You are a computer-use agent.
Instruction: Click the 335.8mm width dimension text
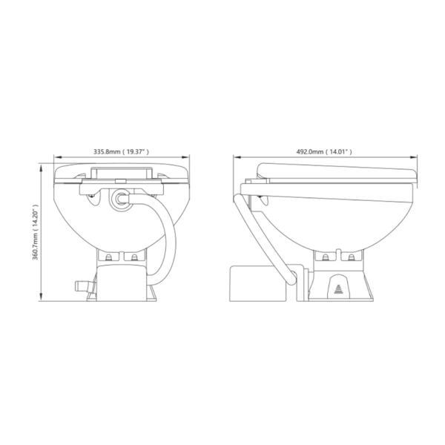tap(121, 152)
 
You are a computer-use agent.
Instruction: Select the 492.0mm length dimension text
tap(324, 152)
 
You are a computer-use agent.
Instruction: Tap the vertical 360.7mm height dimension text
tap(36, 232)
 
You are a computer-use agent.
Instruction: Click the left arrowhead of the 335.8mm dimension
tap(57, 156)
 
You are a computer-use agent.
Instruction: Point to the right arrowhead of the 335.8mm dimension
tap(185, 156)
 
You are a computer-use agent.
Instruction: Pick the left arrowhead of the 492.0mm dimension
tap(237, 156)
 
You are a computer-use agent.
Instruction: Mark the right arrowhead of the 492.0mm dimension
tap(414, 156)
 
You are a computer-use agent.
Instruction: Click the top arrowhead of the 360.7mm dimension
tap(42, 169)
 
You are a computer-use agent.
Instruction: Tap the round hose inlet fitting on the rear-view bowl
tap(121, 200)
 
